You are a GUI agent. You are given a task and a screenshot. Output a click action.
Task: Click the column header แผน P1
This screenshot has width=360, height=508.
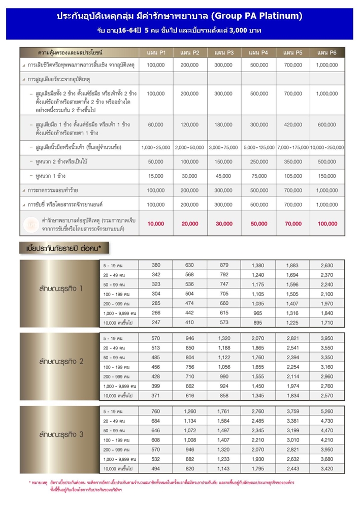[x=155, y=53]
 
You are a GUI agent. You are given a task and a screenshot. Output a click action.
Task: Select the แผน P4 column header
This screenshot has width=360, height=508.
[x=258, y=53]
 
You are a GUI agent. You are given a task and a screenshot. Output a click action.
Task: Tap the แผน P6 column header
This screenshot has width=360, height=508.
[x=326, y=53]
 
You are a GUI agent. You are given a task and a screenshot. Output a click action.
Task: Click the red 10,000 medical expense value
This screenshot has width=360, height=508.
[x=155, y=224]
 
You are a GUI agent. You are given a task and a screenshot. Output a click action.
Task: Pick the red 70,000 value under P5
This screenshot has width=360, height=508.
[x=293, y=224]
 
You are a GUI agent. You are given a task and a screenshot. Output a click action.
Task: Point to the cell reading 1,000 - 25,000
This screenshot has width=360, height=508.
[x=155, y=147]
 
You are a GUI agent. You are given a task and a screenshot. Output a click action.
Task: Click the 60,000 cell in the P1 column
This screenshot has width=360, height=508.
[x=155, y=124]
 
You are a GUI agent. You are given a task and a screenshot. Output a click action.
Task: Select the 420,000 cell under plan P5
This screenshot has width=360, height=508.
[x=293, y=124]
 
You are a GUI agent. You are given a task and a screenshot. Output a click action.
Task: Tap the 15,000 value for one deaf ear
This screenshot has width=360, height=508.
[x=155, y=176]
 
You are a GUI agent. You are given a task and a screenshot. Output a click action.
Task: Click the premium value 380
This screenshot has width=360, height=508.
[x=155, y=265]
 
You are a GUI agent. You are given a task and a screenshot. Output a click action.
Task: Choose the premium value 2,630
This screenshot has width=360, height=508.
[x=326, y=265]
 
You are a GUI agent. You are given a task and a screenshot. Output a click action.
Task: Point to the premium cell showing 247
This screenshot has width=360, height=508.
[x=155, y=322]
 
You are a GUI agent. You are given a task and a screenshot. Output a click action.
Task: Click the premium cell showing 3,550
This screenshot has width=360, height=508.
[x=326, y=348]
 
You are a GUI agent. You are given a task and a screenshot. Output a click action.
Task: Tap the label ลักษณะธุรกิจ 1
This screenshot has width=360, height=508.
[x=60, y=289]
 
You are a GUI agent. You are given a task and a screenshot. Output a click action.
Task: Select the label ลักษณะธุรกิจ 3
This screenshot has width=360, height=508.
[x=60, y=434]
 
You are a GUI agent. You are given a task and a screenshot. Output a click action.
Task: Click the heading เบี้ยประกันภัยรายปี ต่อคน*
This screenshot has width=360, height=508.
[x=64, y=248]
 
